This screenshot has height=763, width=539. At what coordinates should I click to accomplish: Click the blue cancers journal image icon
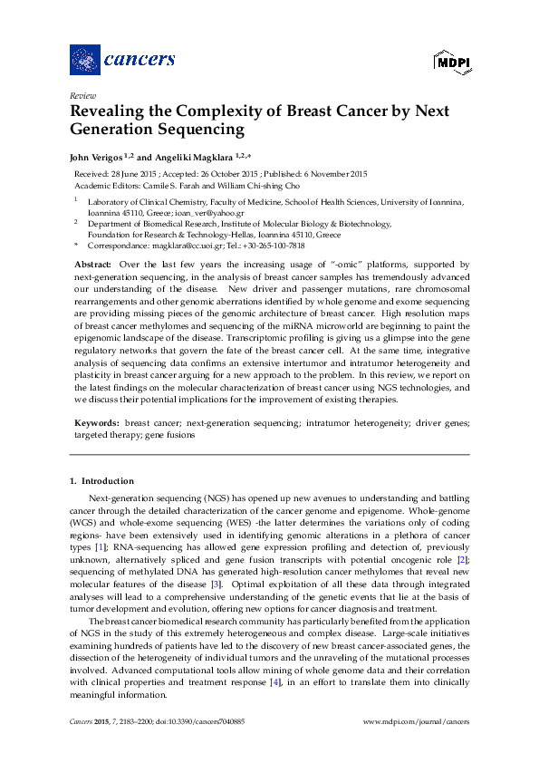tap(84, 60)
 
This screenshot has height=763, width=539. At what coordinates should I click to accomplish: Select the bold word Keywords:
tap(96, 423)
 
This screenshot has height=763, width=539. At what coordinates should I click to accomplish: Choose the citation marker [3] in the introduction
tap(216, 584)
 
